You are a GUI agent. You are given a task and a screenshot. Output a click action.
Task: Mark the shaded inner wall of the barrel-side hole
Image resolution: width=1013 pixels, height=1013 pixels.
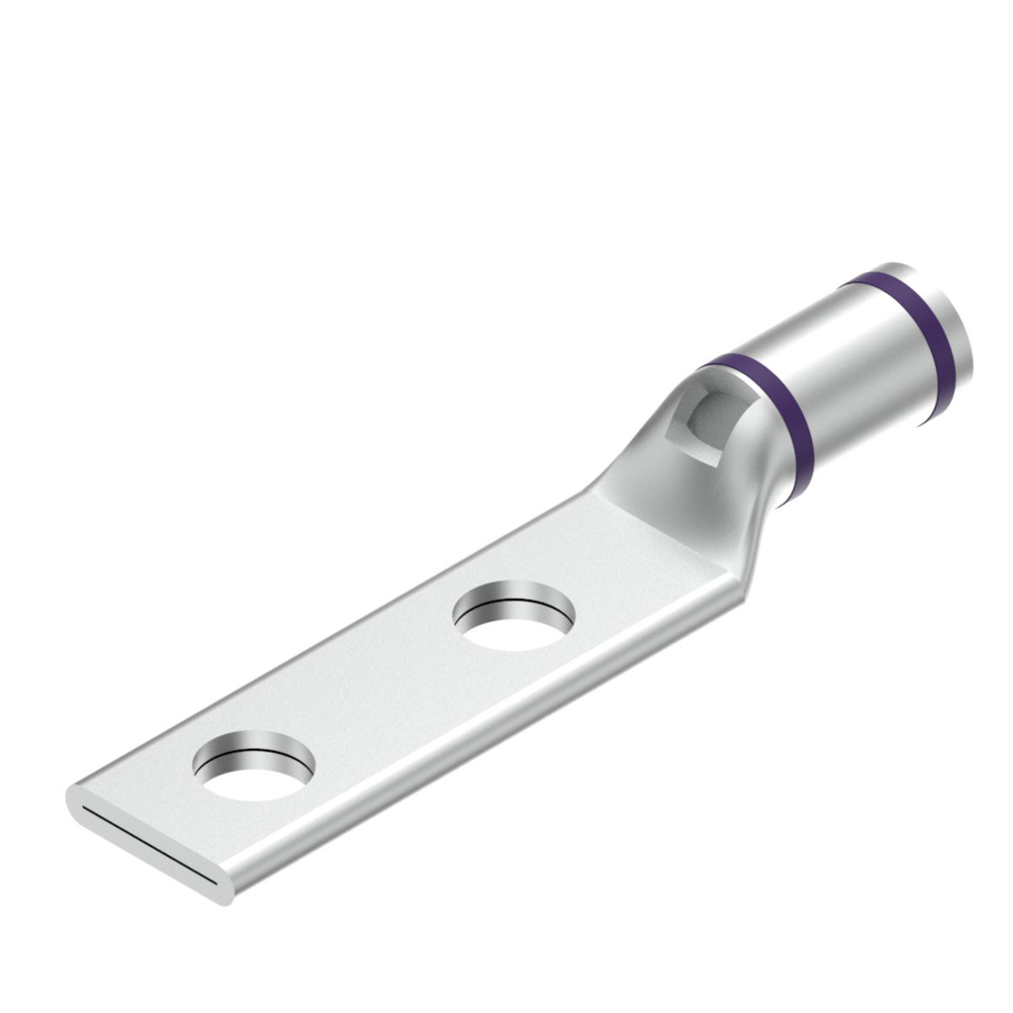click(514, 599)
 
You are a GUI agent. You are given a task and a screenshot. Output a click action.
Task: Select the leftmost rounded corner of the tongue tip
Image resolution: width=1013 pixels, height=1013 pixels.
click(74, 796)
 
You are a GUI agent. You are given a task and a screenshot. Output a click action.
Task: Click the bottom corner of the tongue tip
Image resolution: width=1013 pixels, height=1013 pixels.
click(229, 895)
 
